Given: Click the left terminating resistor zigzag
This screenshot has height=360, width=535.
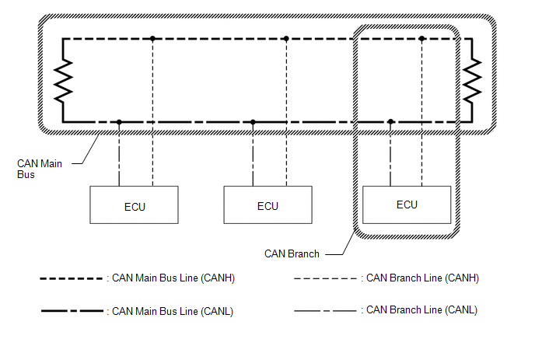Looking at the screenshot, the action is [64, 81].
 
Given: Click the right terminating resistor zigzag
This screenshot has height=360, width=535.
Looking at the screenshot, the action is [472, 81].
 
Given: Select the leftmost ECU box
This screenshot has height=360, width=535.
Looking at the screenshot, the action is [134, 204].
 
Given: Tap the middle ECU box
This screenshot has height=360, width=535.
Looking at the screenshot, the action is [267, 204].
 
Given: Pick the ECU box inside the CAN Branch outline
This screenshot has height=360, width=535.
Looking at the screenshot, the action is [407, 204].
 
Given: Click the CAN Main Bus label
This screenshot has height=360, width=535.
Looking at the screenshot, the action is [40, 169].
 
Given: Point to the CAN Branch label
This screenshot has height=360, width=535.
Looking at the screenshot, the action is [292, 254].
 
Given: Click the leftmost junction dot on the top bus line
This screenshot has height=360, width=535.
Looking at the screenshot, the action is [152, 39].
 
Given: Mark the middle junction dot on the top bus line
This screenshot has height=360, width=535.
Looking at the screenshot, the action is [286, 39].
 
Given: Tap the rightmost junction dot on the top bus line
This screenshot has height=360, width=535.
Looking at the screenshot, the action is [421, 39].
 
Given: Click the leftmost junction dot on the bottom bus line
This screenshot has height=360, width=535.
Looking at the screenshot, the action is [119, 122].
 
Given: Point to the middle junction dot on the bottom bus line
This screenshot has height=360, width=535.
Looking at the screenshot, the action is [253, 122].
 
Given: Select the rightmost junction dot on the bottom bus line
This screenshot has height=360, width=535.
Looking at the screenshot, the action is [390, 122].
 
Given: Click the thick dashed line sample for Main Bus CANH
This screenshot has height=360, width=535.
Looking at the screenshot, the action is [72, 279].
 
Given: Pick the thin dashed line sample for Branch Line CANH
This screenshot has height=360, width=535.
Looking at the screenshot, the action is [325, 279].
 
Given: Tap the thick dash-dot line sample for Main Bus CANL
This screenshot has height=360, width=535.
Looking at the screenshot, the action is [72, 311].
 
